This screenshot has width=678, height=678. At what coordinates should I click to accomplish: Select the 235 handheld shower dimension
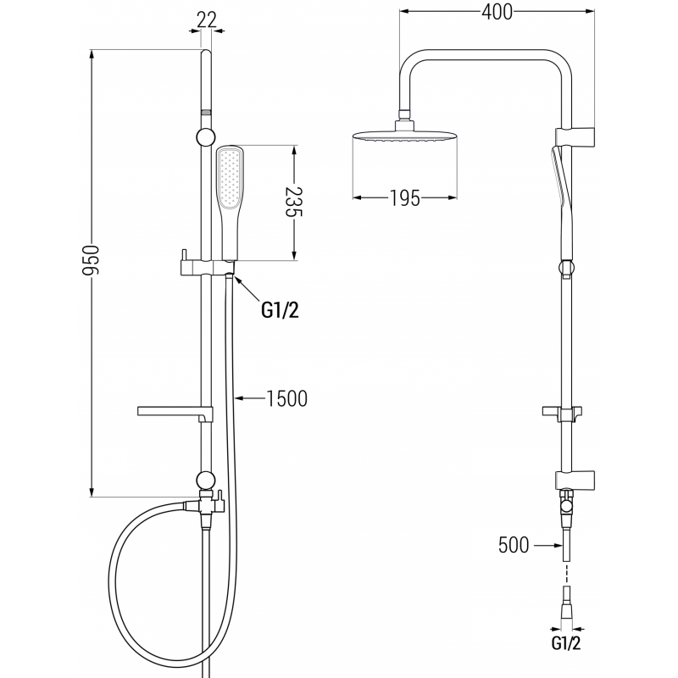pyautogui.click(x=293, y=204)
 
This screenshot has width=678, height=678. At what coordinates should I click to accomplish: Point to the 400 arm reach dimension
pyautogui.click(x=496, y=14)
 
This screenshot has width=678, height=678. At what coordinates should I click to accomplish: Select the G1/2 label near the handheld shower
pyautogui.click(x=280, y=310)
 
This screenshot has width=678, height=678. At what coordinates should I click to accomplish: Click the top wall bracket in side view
pyautogui.click(x=576, y=135)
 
